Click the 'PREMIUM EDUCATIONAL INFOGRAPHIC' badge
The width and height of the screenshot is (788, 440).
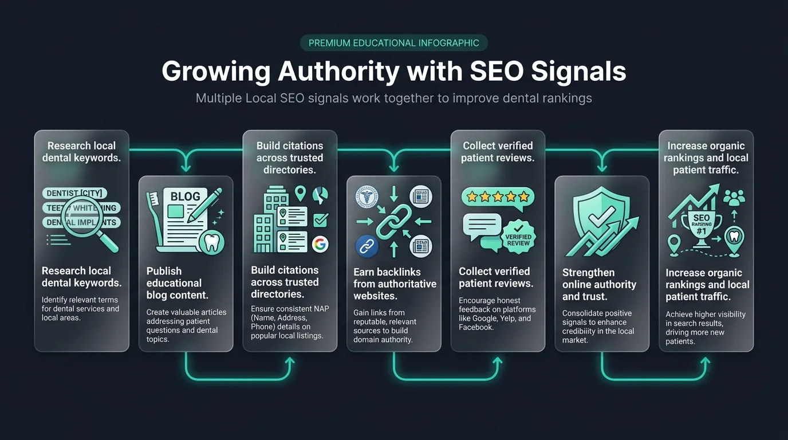tap(393, 43)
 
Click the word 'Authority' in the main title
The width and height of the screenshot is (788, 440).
tap(338, 72)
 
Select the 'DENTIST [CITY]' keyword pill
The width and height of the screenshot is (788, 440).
tap(74, 193)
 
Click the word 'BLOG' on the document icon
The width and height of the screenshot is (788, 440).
tap(186, 197)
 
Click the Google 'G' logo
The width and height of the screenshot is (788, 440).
tap(320, 244)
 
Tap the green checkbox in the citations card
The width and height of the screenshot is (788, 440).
tap(321, 220)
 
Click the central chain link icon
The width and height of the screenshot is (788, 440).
tap(393, 222)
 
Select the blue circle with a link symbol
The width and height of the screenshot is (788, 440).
tap(367, 246)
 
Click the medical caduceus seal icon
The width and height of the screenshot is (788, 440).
tap(367, 197)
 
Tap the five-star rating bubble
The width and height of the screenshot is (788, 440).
tap(498, 197)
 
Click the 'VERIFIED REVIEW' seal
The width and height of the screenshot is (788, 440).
tap(518, 237)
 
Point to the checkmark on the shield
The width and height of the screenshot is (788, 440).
tap(601, 217)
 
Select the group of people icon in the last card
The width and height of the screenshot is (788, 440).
tap(734, 198)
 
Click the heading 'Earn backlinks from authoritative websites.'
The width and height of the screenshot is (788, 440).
tap(395, 284)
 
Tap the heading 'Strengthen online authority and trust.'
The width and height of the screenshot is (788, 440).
tap(599, 284)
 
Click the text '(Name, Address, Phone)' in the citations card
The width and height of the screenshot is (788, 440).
tap(279, 322)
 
